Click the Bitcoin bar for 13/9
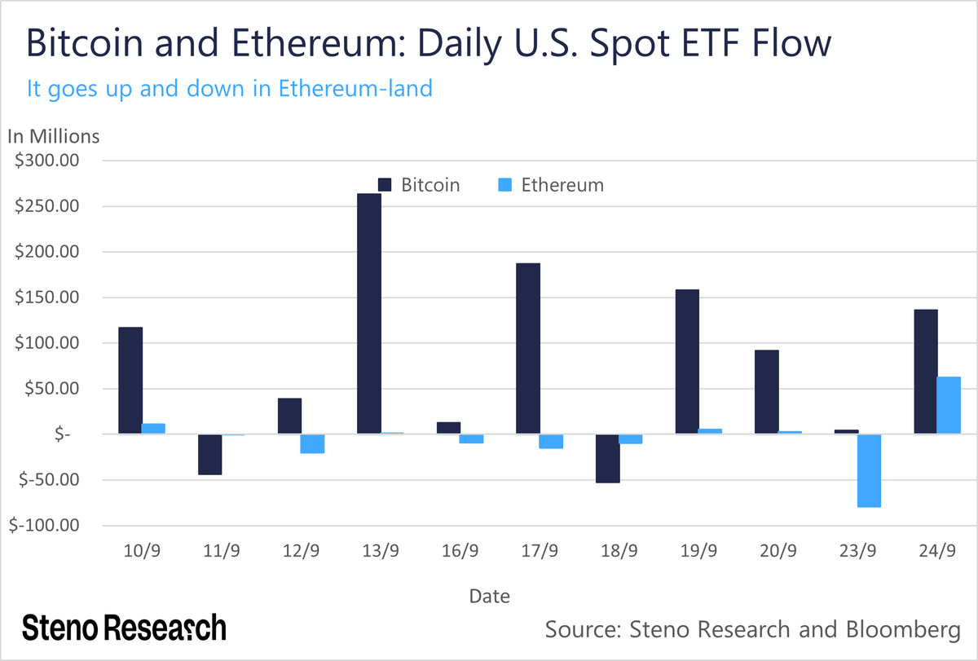(x=368, y=314)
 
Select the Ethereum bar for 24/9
(x=949, y=405)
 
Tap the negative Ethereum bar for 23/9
(x=869, y=470)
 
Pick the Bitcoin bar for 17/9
(x=528, y=348)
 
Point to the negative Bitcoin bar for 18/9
(x=607, y=458)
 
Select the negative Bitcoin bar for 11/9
(x=209, y=454)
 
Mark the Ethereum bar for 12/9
(x=312, y=443)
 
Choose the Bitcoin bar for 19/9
(x=687, y=362)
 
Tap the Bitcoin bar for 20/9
(x=766, y=392)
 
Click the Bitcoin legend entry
(x=419, y=185)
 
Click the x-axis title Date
(x=489, y=597)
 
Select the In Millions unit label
(x=53, y=136)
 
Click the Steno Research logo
(x=124, y=628)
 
